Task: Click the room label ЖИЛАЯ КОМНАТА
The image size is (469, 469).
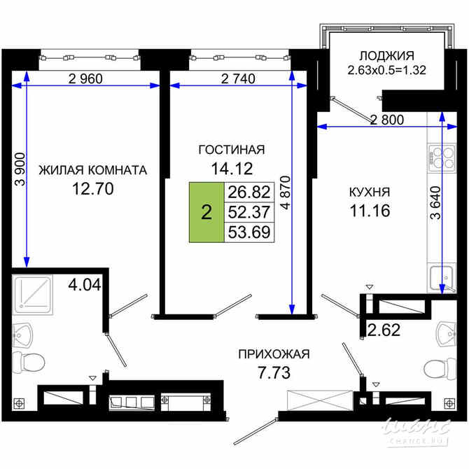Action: click(x=92, y=170)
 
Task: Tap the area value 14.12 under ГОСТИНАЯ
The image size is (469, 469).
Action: click(x=232, y=167)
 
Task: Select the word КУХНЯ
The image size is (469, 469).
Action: click(x=370, y=191)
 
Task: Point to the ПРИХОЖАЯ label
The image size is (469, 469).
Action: click(x=273, y=353)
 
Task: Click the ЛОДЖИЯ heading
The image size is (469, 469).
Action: click(x=387, y=56)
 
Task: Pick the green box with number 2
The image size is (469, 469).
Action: click(x=206, y=213)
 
